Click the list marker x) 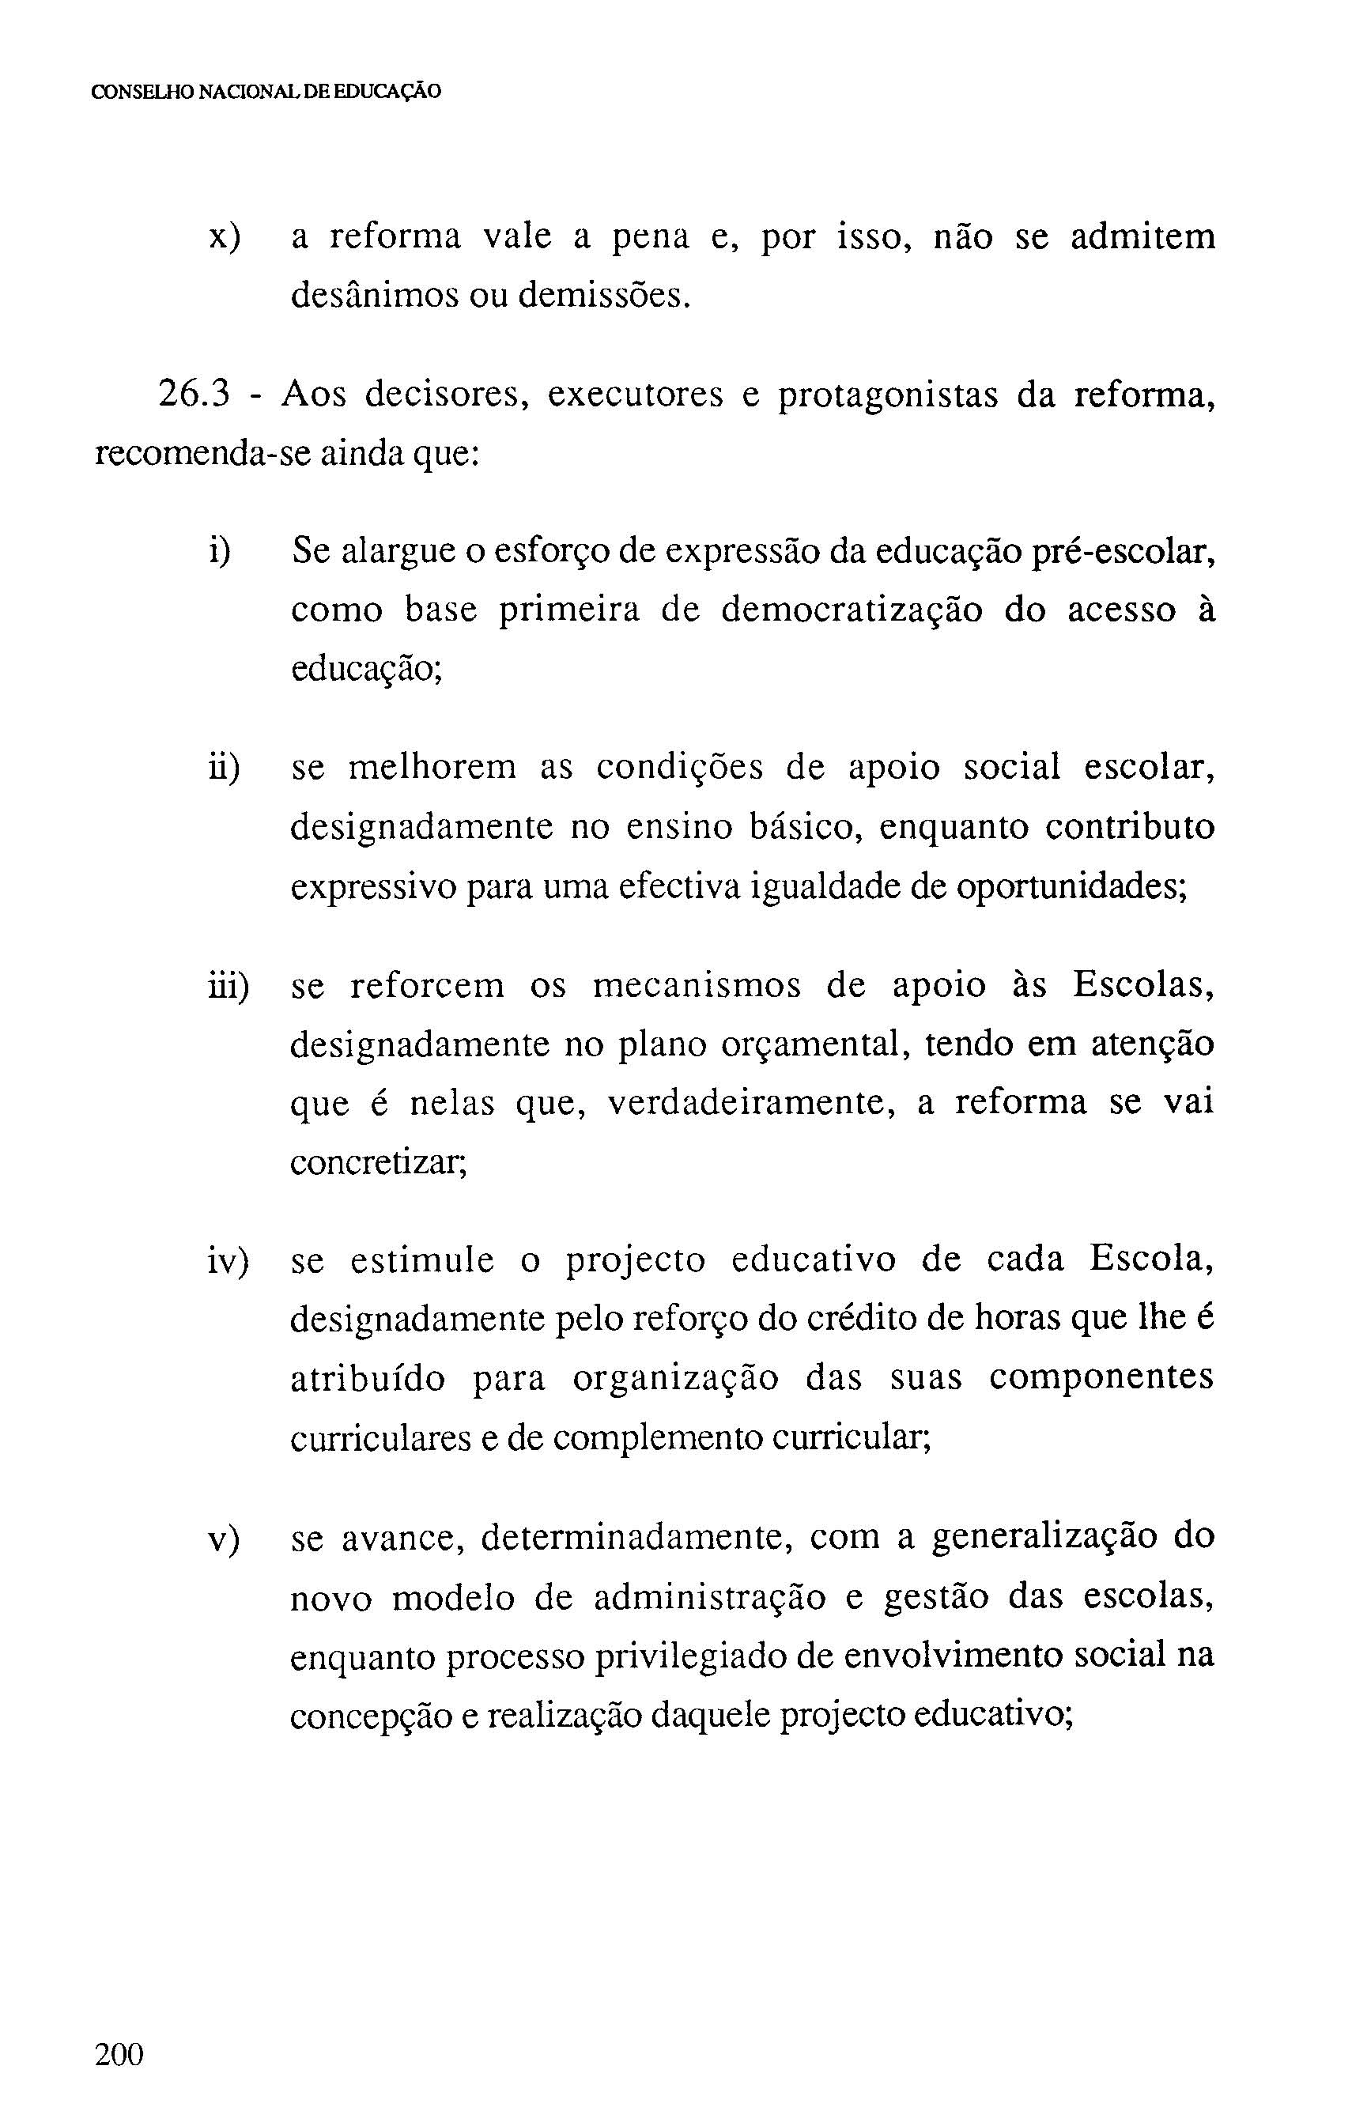[224, 237]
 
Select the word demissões [599, 296]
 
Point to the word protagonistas [889, 395]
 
